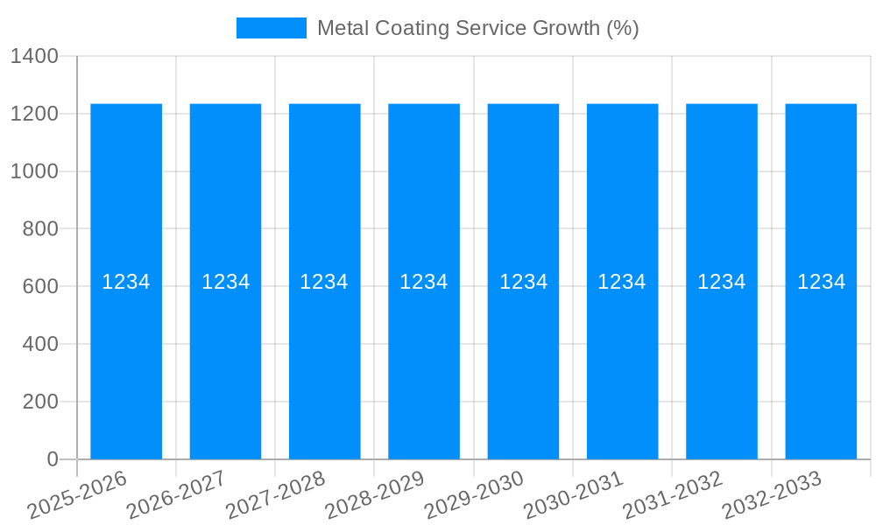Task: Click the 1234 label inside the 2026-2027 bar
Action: pos(226,282)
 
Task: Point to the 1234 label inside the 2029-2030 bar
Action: pos(523,282)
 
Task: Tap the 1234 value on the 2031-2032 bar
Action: pos(721,282)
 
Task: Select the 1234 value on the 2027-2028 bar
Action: pos(324,282)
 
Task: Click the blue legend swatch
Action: pos(272,28)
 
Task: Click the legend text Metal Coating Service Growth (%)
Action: pos(477,28)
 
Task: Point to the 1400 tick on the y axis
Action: pos(34,56)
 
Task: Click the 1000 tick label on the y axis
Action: pos(34,171)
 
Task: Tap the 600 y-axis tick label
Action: pos(39,286)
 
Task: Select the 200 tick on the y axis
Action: pos(39,402)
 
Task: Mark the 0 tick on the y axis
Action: pos(52,459)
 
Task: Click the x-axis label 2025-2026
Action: pos(77,496)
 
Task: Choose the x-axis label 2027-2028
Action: pos(275,496)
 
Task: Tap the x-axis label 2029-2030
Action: pos(474,496)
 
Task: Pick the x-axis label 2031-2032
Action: pos(672,496)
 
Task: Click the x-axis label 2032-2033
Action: pos(772,496)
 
